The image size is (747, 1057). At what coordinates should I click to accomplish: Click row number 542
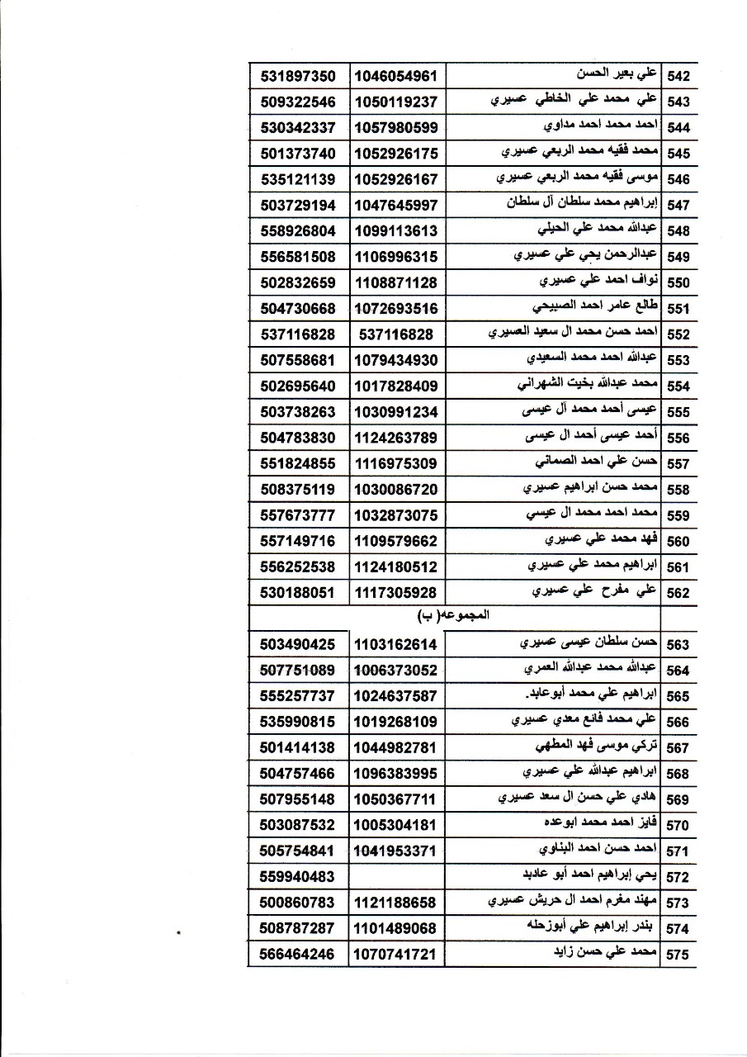pos(678,76)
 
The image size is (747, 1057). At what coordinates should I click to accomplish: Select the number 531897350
pos(297,76)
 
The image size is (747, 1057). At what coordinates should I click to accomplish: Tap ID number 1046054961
pos(395,76)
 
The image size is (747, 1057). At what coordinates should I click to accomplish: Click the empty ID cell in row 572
pos(395,876)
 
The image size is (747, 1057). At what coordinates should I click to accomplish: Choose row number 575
pos(678,955)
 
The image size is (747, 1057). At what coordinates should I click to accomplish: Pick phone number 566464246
pos(297,954)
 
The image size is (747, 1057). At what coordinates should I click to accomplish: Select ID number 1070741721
pos(395,954)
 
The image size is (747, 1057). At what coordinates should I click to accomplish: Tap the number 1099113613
pos(395,230)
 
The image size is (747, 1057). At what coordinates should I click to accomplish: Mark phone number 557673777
pos(297,515)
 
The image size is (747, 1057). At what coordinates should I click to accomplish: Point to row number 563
pos(678,645)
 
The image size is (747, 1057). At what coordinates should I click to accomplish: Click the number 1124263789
pos(395,438)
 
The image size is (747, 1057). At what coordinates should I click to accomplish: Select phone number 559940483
pos(297,876)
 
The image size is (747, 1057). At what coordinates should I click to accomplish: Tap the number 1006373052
pos(395,670)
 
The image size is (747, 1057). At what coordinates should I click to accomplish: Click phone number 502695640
pos(297,386)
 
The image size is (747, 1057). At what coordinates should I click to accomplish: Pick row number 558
pos(678,490)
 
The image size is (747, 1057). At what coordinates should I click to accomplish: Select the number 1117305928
pos(395,592)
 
